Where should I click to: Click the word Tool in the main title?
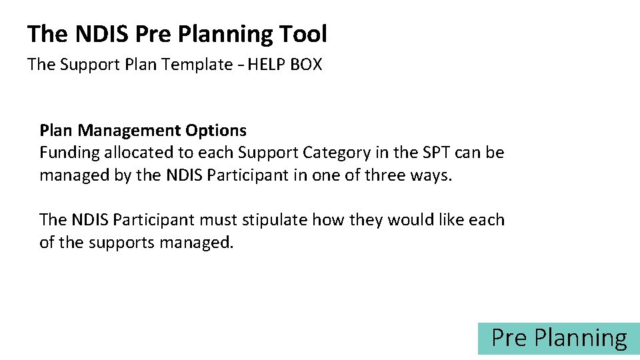(303, 34)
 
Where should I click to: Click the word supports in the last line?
(121, 243)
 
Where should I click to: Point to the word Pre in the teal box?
(509, 339)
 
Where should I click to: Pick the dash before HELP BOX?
(240, 65)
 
